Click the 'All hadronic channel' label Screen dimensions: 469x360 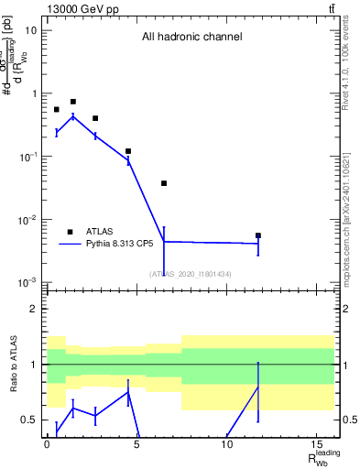[x=191, y=38]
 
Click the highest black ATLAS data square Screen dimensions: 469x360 [x=73, y=102]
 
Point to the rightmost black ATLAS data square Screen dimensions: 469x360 [x=258, y=235]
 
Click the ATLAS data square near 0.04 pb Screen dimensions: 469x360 [x=164, y=183]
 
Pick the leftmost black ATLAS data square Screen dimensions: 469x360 [x=57, y=110]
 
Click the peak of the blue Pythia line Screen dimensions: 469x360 [x=73, y=116]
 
